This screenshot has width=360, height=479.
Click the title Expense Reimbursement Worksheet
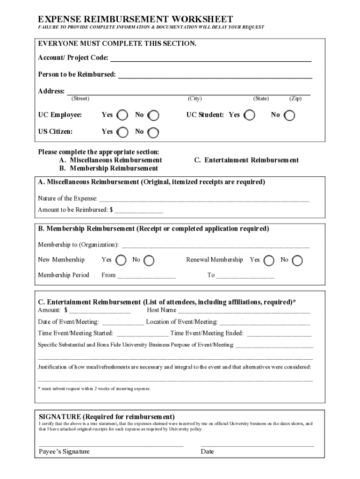(x=135, y=19)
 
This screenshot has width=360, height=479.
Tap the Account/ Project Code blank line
(x=210, y=58)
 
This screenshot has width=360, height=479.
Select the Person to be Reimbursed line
(x=215, y=75)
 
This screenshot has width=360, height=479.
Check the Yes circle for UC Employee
(x=122, y=115)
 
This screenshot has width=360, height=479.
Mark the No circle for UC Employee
(x=153, y=115)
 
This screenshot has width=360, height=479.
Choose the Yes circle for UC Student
(x=250, y=115)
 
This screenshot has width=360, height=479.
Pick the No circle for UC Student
(x=290, y=115)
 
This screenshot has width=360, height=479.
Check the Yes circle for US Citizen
(x=122, y=132)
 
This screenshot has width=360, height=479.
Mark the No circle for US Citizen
(x=153, y=132)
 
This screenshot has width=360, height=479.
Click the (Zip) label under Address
(x=295, y=99)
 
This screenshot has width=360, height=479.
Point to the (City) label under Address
(x=194, y=99)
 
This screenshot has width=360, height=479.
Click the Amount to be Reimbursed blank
(x=139, y=210)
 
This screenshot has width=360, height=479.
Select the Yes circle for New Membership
(x=121, y=260)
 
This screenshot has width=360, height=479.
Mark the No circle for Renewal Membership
(x=297, y=260)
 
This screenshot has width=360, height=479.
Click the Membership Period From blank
(x=146, y=276)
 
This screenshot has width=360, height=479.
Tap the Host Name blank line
(x=244, y=310)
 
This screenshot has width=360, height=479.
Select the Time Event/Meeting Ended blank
(x=279, y=334)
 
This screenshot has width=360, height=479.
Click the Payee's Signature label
(x=64, y=451)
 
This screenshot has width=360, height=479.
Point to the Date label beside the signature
(x=207, y=451)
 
